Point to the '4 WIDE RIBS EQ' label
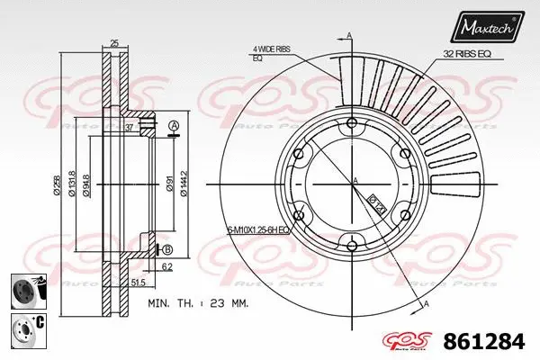[271, 53]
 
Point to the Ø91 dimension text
[169, 185]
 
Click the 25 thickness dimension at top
[113, 43]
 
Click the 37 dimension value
[130, 128]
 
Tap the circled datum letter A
[174, 125]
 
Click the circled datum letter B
[166, 249]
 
